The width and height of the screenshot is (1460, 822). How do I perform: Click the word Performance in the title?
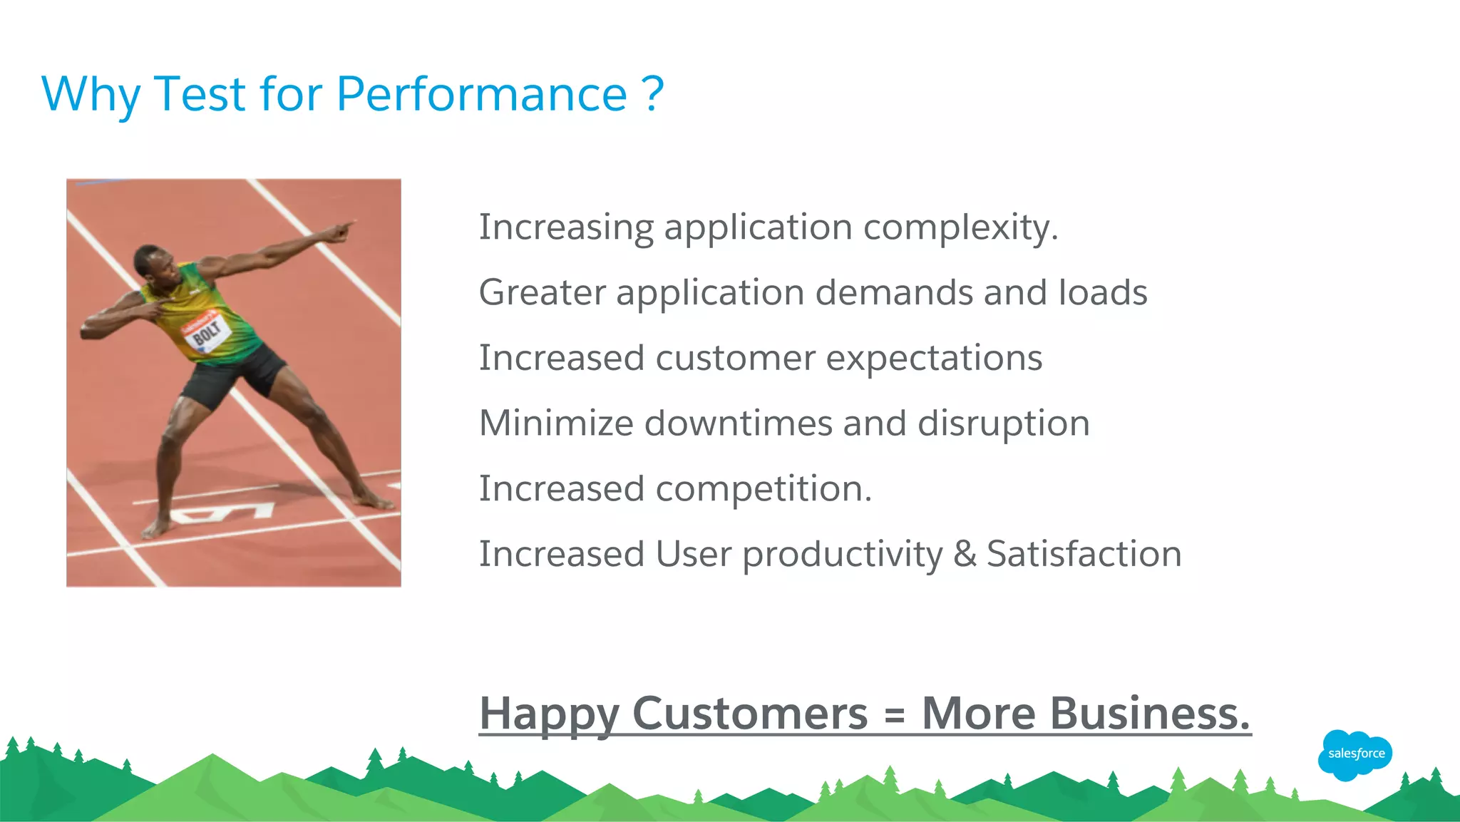[481, 94]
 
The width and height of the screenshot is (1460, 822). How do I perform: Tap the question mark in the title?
[652, 94]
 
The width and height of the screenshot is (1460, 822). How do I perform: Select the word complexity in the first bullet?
[960, 228]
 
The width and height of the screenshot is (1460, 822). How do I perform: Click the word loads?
[1103, 292]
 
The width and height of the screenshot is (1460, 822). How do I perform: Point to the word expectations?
[934, 358]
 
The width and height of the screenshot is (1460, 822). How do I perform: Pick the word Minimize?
[556, 423]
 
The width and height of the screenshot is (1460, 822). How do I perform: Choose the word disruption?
[1003, 423]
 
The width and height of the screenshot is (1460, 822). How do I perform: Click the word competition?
[763, 489]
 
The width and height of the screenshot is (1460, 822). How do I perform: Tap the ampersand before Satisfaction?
[965, 554]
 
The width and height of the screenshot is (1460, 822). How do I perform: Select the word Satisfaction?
[1084, 554]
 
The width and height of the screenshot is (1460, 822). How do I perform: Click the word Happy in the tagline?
[549, 714]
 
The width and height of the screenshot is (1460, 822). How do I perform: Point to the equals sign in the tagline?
[894, 714]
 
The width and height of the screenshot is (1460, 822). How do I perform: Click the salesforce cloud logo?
[1355, 754]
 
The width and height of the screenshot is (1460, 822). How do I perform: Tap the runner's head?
[151, 262]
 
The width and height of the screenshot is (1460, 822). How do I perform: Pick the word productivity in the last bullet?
[842, 554]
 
